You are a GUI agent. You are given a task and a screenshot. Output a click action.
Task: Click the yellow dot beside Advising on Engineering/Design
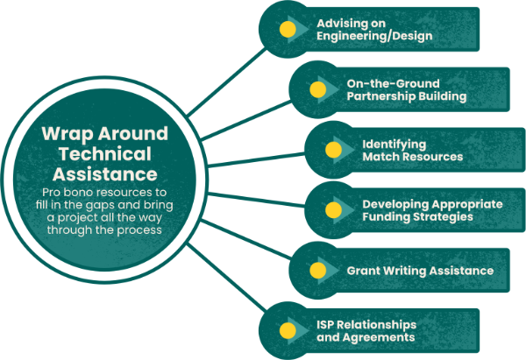pos(288,29)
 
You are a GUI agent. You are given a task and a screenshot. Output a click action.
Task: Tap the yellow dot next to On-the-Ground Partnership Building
pos(317,89)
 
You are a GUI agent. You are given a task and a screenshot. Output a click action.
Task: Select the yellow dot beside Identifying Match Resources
pos(333,150)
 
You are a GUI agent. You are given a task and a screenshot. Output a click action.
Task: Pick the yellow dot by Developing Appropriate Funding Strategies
pos(333,210)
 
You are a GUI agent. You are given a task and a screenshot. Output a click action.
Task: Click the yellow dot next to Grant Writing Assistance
pos(317,270)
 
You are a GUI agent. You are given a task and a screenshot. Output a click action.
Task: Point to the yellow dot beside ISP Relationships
pos(288,330)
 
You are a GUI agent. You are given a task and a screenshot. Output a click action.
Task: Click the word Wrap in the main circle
pos(68,134)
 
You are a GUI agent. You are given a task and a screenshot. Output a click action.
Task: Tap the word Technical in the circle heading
pos(105,154)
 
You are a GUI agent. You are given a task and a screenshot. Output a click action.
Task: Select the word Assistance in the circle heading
pos(105,174)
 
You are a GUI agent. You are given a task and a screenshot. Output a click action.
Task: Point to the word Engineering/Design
pos(374,36)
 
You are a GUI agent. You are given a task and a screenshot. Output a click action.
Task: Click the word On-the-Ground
pos(393,83)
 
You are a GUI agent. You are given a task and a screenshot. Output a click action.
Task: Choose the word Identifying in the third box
pos(394,145)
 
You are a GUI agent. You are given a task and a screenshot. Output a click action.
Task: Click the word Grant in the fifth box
pos(363,271)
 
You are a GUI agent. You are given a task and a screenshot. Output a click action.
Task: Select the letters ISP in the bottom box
pos(325,324)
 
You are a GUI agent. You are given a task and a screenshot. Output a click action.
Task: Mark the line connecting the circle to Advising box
pos(227,82)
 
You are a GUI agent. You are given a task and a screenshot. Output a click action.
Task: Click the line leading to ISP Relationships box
pos(227,277)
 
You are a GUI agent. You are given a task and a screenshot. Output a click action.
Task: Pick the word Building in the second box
pos(442,96)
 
